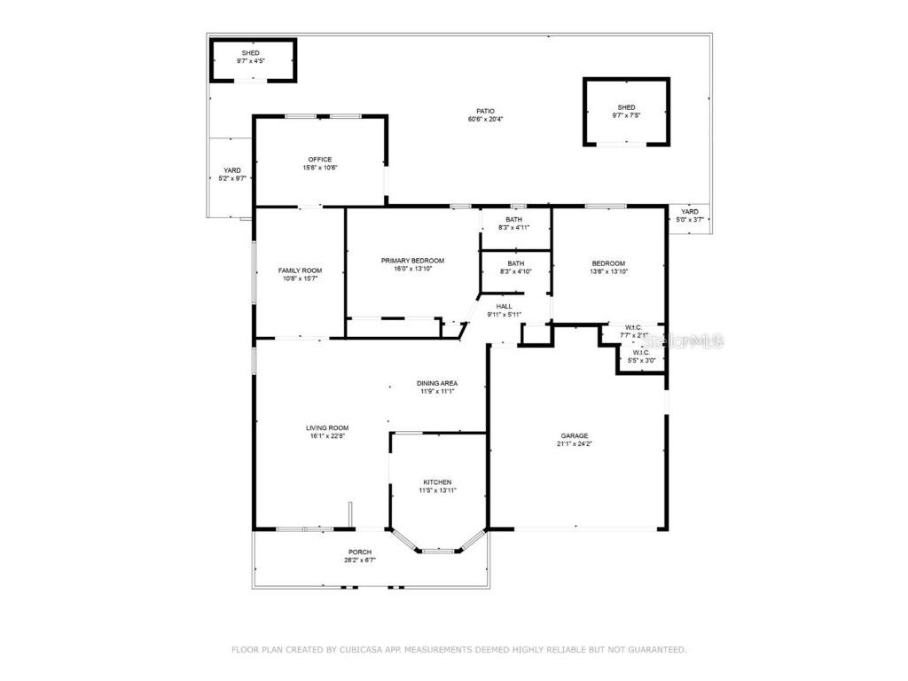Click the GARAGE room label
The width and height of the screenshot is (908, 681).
[x=575, y=435]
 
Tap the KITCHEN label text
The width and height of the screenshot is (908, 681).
[x=436, y=482]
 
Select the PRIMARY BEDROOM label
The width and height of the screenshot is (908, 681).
[x=412, y=261]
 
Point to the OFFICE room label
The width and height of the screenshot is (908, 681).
[x=320, y=160]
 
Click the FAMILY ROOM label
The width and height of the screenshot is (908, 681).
[x=300, y=270]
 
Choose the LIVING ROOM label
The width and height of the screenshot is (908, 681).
[x=327, y=427]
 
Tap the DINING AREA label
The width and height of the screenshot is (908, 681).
[x=437, y=383]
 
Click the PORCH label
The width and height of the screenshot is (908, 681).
[x=360, y=552]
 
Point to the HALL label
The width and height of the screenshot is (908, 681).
[x=504, y=307]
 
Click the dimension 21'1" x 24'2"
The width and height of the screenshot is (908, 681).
[x=575, y=443]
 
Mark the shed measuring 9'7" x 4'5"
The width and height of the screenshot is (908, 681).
[x=251, y=58]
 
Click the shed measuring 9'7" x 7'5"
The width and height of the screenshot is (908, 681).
[x=626, y=111]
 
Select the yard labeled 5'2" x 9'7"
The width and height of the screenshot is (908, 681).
[x=232, y=174]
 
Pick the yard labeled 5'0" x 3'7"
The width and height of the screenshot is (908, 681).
[x=689, y=215]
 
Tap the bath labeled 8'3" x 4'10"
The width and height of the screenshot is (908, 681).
[x=515, y=267]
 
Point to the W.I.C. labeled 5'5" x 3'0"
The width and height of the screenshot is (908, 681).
[x=642, y=356]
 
